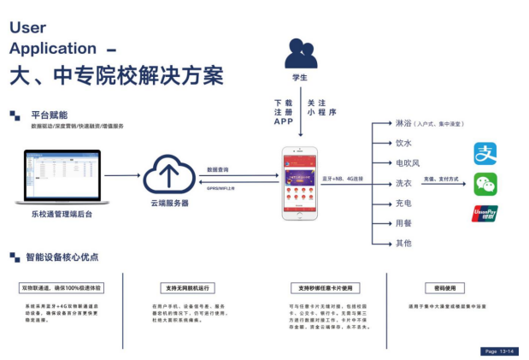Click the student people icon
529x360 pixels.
300,55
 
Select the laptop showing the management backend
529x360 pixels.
62,177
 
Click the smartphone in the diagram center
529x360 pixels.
300,183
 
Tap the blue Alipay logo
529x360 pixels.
485,155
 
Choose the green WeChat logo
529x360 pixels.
485,184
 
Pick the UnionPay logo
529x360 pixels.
485,214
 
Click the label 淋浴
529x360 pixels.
404,123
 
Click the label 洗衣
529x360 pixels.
404,183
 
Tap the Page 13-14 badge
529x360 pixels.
499,351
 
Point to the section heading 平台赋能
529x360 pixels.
49,115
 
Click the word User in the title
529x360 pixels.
27,27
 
